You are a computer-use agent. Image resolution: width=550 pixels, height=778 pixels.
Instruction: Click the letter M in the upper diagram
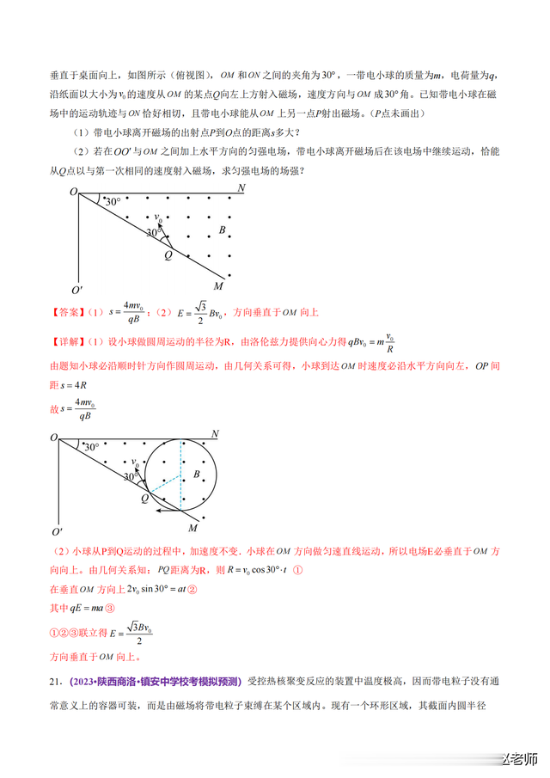[x=218, y=286]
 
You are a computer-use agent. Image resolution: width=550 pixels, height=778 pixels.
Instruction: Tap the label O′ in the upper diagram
[x=76, y=291]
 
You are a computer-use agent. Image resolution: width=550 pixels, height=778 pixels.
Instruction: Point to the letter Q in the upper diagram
[x=168, y=254]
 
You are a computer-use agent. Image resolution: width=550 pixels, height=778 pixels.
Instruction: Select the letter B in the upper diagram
[x=222, y=230]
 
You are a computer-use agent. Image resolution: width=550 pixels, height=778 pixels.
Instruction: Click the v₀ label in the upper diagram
[x=157, y=218]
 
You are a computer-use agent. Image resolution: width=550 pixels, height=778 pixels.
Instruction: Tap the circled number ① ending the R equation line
[x=298, y=570]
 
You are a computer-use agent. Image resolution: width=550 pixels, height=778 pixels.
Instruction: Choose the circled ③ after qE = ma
[x=120, y=610]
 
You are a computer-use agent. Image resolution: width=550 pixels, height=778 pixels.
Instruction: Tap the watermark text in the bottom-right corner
[x=517, y=762]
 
